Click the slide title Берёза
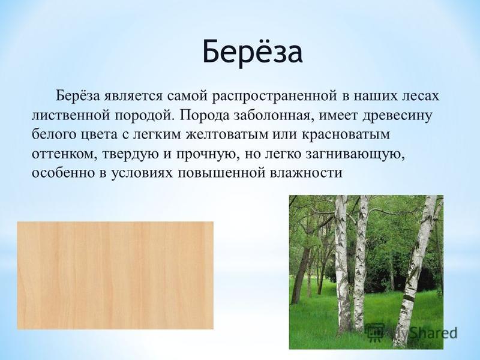253,52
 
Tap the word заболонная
273,115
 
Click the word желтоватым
227,135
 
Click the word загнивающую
356,155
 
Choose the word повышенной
221,173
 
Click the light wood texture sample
115,275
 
